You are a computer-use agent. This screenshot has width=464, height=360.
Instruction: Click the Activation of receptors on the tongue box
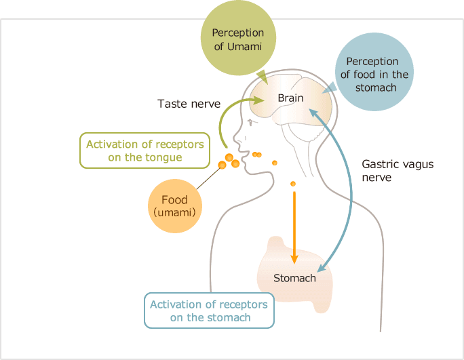point(145,151)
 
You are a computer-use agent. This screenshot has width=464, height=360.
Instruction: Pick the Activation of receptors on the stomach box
point(210,311)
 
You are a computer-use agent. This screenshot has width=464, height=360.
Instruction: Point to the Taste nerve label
point(189,104)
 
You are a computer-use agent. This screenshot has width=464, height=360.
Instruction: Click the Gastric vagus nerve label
point(397,170)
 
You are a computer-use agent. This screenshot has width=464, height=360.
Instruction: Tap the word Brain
point(290,98)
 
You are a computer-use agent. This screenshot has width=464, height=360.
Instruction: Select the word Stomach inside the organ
point(294,278)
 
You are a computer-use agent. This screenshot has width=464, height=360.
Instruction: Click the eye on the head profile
point(252,123)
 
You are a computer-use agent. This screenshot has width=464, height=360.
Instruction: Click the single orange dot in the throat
point(292,184)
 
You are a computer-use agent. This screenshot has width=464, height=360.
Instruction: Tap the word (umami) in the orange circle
point(174,212)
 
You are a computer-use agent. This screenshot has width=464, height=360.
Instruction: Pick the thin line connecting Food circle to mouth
point(208,178)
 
